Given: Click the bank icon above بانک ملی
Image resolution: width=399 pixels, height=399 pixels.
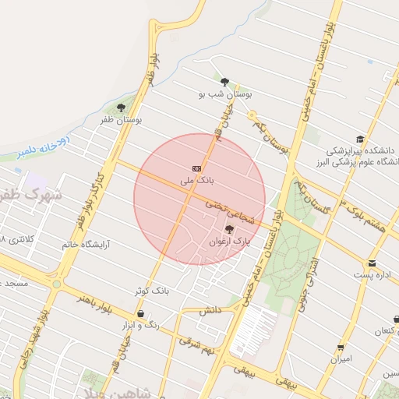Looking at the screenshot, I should pos(197,168).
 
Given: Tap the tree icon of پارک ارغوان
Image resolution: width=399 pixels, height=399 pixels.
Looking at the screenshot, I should pos(228,229).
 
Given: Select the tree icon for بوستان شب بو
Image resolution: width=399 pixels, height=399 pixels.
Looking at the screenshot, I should pos(224,81).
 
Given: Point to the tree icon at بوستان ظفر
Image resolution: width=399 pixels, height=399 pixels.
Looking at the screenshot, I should pos(121,108).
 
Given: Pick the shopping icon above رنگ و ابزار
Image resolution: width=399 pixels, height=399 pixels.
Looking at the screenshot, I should pos(139,313).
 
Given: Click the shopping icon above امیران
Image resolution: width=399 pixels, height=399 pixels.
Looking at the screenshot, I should pos(341,348).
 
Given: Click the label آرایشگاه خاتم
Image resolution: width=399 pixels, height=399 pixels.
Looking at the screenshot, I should pos(86,245).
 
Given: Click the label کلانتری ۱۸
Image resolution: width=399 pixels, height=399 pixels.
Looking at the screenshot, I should pos(17,238).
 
